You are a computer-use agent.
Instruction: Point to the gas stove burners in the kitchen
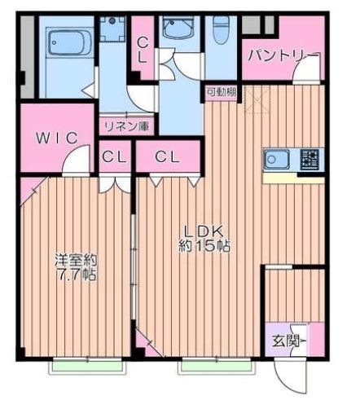[x=309, y=159]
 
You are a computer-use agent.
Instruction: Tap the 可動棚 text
[x=220, y=91]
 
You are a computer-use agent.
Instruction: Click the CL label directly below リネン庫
[x=115, y=157]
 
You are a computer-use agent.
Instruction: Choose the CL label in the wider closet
[x=168, y=156]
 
